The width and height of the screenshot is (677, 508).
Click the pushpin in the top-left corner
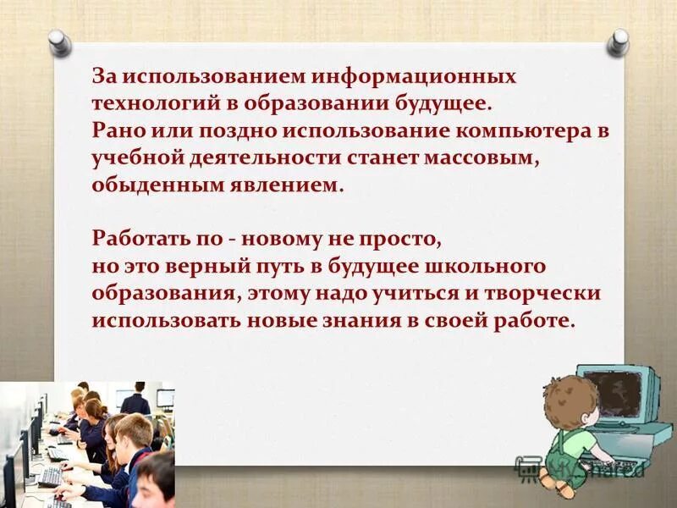tap(58, 40)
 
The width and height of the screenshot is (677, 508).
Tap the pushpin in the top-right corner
tap(619, 40)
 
